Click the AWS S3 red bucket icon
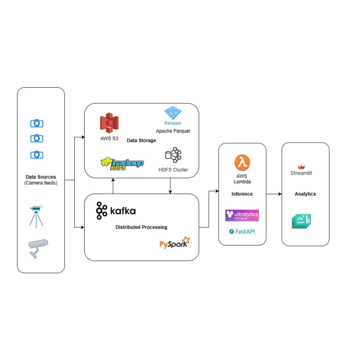109,123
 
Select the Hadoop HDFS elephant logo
122,163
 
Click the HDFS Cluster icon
173,155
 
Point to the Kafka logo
116,211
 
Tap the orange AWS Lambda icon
242,162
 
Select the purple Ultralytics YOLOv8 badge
242,215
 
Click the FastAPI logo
242,231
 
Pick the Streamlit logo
301,170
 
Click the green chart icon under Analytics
301,220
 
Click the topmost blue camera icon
37,123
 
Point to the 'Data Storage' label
141,140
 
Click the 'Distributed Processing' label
141,227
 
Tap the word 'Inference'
242,194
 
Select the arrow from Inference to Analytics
274,194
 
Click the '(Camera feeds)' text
40,183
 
